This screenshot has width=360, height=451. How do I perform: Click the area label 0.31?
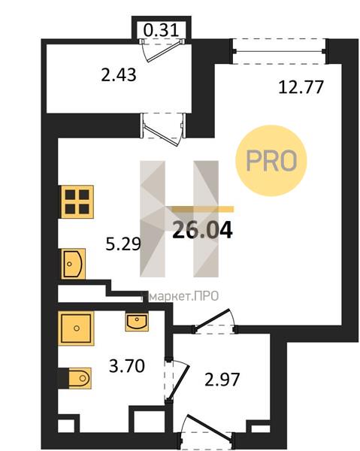[161, 30]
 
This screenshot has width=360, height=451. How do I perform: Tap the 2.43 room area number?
[119, 75]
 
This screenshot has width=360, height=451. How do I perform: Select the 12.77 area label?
[301, 87]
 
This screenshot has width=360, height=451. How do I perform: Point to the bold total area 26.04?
[202, 231]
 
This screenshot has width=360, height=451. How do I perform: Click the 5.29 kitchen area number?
[123, 244]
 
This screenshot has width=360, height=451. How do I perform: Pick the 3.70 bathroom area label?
[127, 367]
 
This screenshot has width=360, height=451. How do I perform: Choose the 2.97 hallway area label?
[222, 380]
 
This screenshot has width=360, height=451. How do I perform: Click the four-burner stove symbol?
[77, 202]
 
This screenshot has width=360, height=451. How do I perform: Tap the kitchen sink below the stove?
[73, 264]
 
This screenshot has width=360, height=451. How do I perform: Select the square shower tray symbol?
[76, 328]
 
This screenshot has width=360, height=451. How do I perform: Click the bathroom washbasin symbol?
[137, 322]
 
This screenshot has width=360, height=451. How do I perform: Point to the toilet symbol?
[80, 378]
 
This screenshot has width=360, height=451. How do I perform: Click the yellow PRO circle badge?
[271, 161]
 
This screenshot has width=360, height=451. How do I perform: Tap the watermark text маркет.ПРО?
[180, 296]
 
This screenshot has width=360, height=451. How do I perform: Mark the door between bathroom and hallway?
[176, 380]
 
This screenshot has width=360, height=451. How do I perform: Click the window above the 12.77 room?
[279, 51]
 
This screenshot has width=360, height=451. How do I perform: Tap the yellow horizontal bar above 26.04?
[203, 209]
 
